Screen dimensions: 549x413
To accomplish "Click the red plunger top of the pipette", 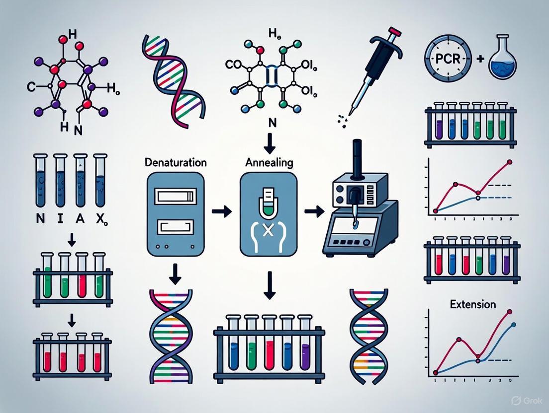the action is pyautogui.click(x=392, y=34).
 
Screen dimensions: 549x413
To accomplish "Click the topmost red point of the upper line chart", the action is pyautogui.click(x=509, y=162).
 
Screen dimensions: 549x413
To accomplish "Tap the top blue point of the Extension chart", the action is pyautogui.click(x=513, y=325).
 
